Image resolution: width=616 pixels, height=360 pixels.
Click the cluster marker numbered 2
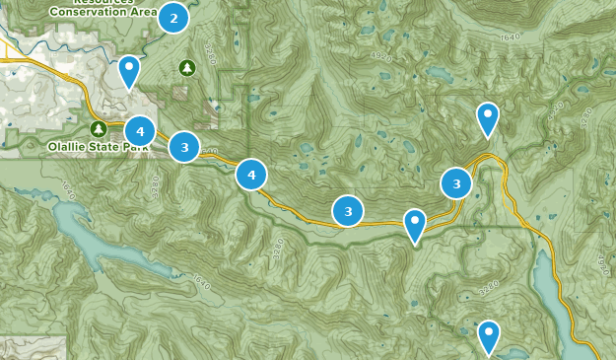pyautogui.click(x=173, y=18)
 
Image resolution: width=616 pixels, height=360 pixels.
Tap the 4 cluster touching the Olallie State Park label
pyautogui.click(x=140, y=130)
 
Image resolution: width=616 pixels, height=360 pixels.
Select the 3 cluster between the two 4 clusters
pyautogui.click(x=184, y=147)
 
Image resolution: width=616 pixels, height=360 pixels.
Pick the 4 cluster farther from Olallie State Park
pyautogui.click(x=251, y=175)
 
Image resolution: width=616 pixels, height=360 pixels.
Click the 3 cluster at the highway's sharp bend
pyautogui.click(x=455, y=183)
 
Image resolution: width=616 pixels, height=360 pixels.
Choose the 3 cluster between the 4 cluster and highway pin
pyautogui.click(x=348, y=211)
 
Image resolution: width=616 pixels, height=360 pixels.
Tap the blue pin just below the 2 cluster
pyautogui.click(x=129, y=71)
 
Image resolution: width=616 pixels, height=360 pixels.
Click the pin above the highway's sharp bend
pyautogui.click(x=487, y=118)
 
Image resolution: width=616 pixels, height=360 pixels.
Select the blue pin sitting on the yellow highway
pyautogui.click(x=415, y=224)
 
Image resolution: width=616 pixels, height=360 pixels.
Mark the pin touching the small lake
pyautogui.click(x=488, y=335)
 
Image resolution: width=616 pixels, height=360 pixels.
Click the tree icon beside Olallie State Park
pyautogui.click(x=99, y=129)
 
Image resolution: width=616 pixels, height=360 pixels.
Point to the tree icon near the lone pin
pyautogui.click(x=187, y=67)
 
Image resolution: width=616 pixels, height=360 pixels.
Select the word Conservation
pyautogui.click(x=92, y=11)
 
